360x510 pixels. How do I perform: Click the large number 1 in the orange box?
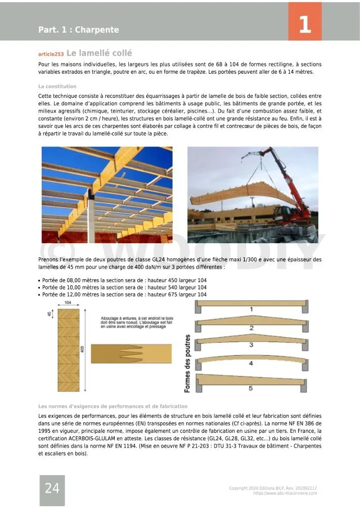pyautogui.click(x=305, y=25)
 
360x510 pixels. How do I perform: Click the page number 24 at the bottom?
pyautogui.click(x=52, y=488)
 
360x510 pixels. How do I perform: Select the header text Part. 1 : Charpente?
pyautogui.click(x=78, y=29)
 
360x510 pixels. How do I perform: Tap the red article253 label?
pyautogui.click(x=51, y=55)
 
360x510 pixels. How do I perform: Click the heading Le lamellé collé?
pyautogui.click(x=99, y=53)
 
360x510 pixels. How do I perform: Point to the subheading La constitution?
pyautogui.click(x=57, y=87)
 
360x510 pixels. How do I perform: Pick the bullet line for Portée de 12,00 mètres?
pyautogui.click(x=124, y=294)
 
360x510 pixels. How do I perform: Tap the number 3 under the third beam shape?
pyautogui.click(x=251, y=344)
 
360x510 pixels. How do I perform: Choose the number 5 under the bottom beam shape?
pyautogui.click(x=251, y=388)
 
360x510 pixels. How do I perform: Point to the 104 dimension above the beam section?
pyautogui.click(x=68, y=302)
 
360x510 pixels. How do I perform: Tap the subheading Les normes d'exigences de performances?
pyautogui.click(x=113, y=406)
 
